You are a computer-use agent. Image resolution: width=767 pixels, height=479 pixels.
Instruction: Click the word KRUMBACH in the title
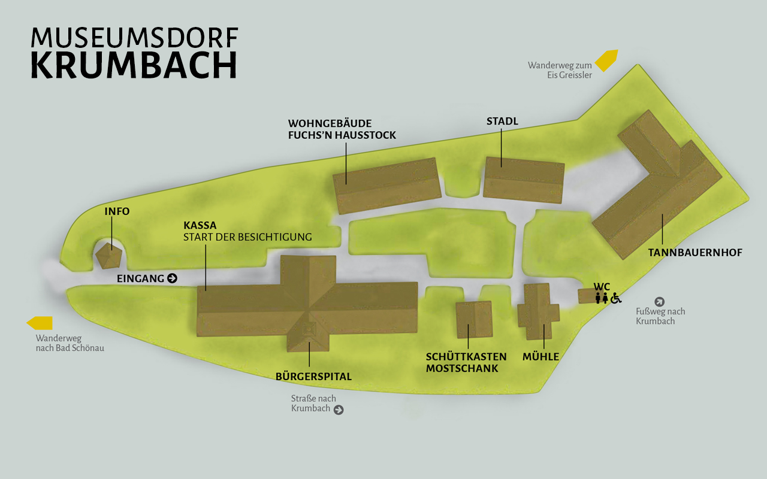(x=134, y=65)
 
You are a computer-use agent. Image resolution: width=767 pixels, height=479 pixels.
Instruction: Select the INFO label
(x=117, y=211)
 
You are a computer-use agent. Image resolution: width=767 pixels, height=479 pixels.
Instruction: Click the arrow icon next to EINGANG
(x=173, y=278)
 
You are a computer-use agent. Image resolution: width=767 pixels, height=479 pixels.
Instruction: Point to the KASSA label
(x=200, y=226)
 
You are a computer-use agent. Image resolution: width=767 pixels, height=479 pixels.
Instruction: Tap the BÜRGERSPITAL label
(x=313, y=377)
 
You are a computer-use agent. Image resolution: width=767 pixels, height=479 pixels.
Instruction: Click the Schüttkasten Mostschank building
(x=473, y=320)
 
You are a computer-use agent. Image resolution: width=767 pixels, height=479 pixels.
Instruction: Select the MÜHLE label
(x=540, y=357)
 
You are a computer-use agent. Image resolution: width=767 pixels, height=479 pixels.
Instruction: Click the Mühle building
(x=538, y=312)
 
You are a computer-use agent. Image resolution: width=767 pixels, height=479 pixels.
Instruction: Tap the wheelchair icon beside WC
(x=616, y=298)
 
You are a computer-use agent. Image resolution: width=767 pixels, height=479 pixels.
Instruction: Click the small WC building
(x=585, y=296)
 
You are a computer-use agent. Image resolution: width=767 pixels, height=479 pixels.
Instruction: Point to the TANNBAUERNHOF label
(x=695, y=253)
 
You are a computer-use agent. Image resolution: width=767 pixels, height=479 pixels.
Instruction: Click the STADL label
(x=502, y=122)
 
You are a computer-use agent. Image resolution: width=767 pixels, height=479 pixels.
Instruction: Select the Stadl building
(x=523, y=180)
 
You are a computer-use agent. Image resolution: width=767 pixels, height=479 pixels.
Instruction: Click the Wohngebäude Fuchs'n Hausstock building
(x=387, y=186)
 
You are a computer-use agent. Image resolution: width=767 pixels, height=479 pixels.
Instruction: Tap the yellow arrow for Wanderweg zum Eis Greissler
(x=606, y=60)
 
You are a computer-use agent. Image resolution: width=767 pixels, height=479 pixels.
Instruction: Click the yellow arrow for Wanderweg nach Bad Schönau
(x=40, y=323)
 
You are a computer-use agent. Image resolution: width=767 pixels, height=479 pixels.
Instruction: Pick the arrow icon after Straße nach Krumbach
(x=339, y=410)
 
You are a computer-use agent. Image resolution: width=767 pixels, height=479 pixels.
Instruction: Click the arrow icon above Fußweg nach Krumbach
(x=660, y=302)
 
